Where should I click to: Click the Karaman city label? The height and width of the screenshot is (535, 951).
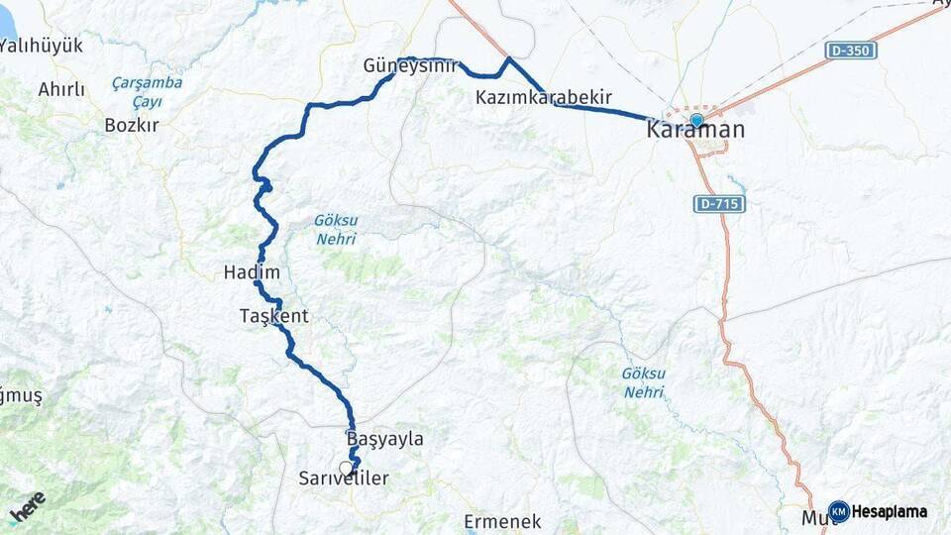click(x=695, y=130)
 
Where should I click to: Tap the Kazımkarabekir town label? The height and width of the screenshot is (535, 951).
click(x=543, y=97)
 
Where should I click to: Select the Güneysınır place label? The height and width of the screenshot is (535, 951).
click(x=411, y=66)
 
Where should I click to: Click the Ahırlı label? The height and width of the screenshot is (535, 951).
click(x=61, y=90)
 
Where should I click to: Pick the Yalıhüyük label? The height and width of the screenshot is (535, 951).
click(x=42, y=46)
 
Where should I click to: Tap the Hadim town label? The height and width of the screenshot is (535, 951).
click(x=252, y=272)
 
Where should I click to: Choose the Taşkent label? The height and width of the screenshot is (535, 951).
click(x=274, y=316)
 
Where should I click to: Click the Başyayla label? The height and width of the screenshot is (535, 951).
click(x=384, y=438)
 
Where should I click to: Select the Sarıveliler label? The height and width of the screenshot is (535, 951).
click(x=344, y=479)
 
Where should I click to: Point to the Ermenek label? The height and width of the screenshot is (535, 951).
click(x=502, y=521)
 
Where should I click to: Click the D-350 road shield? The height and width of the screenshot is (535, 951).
click(x=851, y=50)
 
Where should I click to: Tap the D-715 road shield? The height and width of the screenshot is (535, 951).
click(x=718, y=203)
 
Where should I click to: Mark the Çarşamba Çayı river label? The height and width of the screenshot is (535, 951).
click(x=147, y=91)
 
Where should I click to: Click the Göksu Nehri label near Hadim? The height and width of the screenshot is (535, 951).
click(x=335, y=230)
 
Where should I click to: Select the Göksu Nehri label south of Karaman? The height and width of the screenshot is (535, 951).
click(x=644, y=382)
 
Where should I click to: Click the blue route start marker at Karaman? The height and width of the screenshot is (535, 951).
click(x=696, y=120)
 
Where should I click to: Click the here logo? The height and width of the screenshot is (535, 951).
click(x=28, y=506)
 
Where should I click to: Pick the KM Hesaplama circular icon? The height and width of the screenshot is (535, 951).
click(x=839, y=511)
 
